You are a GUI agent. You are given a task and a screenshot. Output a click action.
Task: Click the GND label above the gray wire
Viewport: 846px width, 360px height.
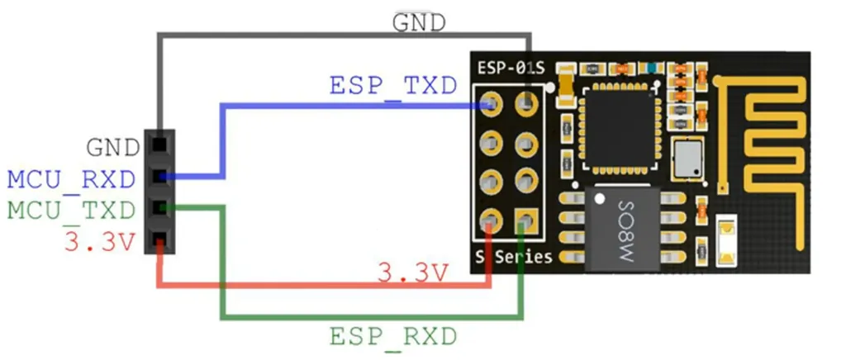point(419,22)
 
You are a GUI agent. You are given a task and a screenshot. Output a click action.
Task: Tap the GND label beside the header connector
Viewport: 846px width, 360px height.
point(113,148)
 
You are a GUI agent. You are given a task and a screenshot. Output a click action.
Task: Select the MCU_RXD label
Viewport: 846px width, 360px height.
point(71,180)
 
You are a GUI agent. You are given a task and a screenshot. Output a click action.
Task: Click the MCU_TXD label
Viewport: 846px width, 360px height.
point(71,211)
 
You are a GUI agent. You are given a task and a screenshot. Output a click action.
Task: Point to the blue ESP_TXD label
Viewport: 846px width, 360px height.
point(393,86)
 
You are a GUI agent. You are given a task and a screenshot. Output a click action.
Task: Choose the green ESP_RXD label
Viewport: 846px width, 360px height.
point(393,338)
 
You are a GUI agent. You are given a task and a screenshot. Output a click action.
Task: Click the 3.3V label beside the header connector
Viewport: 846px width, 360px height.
point(99,242)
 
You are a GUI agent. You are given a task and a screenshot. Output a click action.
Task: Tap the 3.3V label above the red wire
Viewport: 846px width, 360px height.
point(413,273)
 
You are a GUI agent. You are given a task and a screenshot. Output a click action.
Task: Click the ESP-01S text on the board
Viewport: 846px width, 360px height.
point(511,69)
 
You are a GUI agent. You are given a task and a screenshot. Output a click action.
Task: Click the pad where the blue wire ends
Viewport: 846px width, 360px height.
point(491,103)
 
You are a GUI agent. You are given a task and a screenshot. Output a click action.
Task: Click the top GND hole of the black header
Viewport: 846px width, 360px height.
point(159,145)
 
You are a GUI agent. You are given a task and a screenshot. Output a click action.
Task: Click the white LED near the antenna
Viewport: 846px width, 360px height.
point(726,240)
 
